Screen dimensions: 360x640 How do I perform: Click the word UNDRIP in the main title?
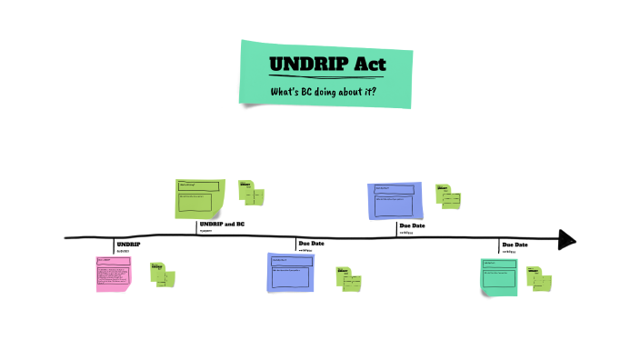tap(302, 65)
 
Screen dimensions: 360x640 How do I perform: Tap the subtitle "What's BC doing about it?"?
tap(324, 92)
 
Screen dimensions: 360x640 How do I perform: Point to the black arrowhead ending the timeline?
tap(567, 239)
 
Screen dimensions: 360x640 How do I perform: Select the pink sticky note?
tap(113, 273)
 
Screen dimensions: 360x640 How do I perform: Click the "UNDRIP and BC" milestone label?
tap(222, 224)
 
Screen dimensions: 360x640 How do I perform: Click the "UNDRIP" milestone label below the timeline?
tap(129, 245)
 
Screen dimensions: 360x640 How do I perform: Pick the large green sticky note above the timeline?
tap(199, 199)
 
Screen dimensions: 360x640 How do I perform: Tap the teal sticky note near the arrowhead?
tap(499, 276)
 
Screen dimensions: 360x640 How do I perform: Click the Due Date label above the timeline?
tap(412, 225)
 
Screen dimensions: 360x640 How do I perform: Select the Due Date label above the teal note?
tap(515, 245)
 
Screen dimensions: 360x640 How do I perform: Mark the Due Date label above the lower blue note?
tap(311, 244)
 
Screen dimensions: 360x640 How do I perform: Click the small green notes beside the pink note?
tap(163, 275)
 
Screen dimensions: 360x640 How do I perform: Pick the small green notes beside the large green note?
tap(251, 193)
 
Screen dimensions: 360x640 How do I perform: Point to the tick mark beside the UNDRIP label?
tap(115, 245)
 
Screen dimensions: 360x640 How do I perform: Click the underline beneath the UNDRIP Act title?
tap(325, 75)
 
